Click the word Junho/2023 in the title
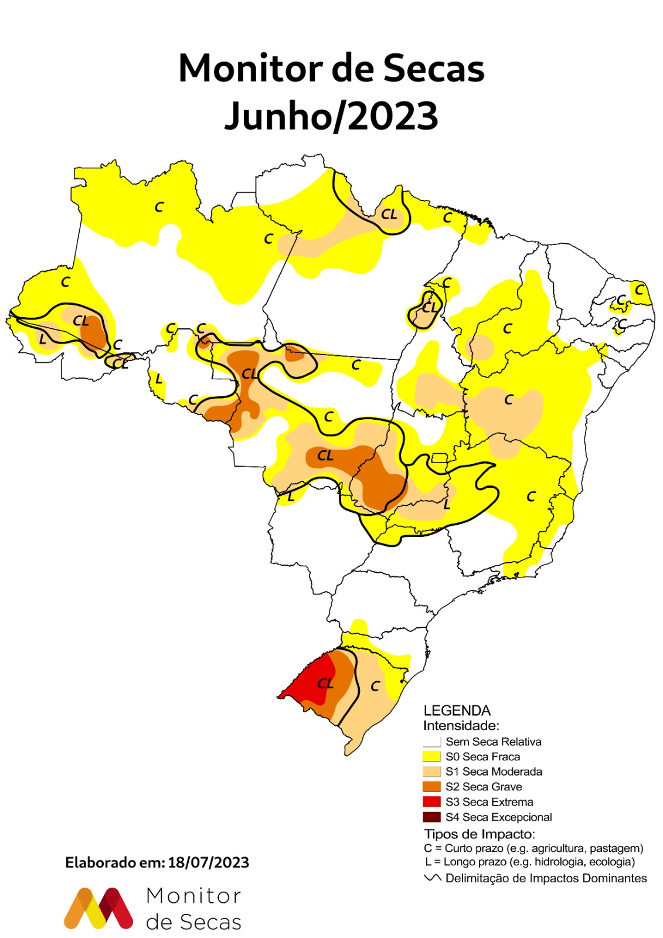(x=331, y=115)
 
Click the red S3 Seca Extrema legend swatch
(x=431, y=801)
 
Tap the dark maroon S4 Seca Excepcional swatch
(x=431, y=817)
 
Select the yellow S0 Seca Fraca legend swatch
(x=431, y=756)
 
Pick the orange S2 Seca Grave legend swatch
(x=431, y=786)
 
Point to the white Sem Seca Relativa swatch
(x=431, y=741)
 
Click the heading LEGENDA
(x=457, y=711)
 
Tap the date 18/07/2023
(x=208, y=862)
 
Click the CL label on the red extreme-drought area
(x=325, y=684)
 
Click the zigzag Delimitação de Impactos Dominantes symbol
(x=433, y=878)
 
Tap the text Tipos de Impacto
(x=480, y=834)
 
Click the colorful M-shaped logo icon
(x=98, y=909)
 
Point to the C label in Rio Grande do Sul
(x=375, y=686)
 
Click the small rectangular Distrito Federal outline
(x=439, y=458)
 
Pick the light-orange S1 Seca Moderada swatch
(x=431, y=772)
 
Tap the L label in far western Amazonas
(x=43, y=339)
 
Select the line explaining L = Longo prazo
(x=530, y=862)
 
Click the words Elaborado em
(x=115, y=862)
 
